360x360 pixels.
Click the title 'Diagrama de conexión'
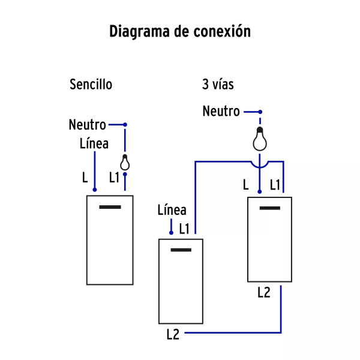[x=179, y=32]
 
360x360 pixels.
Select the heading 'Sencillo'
[x=91, y=85]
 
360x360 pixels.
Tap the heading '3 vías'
[x=218, y=85]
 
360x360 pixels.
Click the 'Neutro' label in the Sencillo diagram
[x=88, y=125]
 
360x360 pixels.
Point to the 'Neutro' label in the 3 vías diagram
[x=221, y=111]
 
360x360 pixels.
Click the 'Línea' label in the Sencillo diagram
[x=94, y=144]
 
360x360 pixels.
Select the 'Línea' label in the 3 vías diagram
[x=172, y=210]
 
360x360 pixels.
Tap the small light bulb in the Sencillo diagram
[x=125, y=163]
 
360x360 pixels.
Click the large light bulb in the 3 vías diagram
[x=259, y=140]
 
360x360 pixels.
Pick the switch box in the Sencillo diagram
[x=109, y=239]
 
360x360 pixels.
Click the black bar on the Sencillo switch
[x=109, y=208]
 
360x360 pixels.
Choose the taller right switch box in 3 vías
[x=270, y=239]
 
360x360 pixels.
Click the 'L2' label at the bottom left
[x=173, y=335]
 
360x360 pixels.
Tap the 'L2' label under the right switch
[x=264, y=293]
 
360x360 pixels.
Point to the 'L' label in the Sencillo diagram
[x=85, y=178]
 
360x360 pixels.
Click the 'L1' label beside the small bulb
[x=114, y=178]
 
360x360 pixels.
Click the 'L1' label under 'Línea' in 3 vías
[x=184, y=229]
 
